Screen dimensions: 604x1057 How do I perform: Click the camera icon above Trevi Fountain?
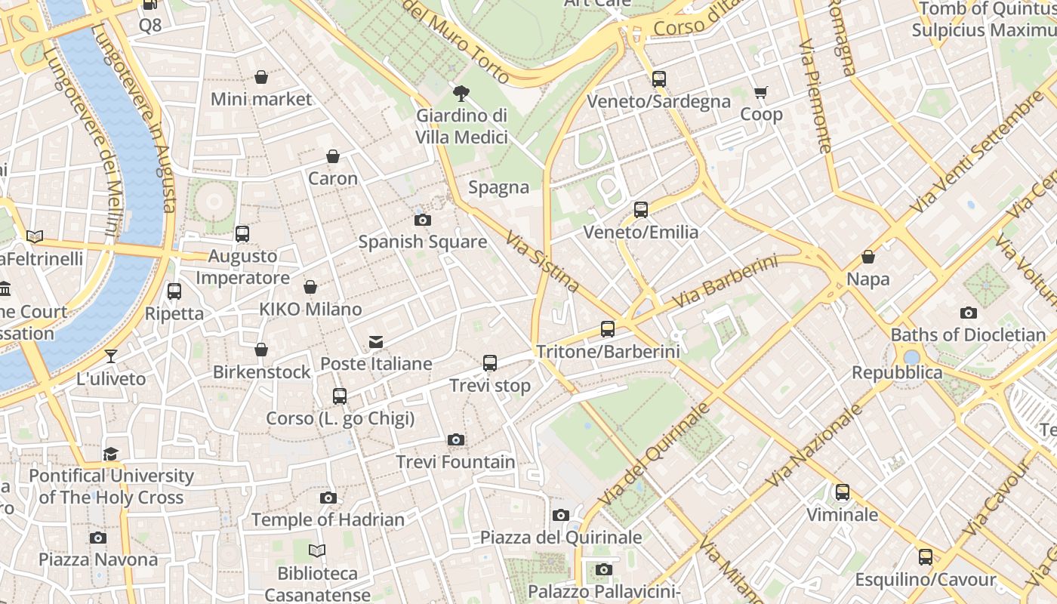455,439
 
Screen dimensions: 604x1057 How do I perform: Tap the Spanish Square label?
422,242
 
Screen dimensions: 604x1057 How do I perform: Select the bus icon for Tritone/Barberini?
608,329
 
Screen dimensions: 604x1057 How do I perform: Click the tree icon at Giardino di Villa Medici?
461,94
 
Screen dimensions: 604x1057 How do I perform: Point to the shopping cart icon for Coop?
760,92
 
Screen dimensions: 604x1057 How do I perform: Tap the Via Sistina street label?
542,261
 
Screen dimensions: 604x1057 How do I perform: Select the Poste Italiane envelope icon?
376,342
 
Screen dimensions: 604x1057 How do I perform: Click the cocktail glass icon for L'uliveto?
111,356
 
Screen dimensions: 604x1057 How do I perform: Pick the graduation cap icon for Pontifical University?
111,454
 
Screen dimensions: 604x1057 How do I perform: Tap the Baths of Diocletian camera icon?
968,313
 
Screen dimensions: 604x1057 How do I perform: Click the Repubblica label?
897,372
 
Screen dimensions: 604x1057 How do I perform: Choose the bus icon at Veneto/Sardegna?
659,79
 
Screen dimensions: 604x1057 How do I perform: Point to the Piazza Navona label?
98,559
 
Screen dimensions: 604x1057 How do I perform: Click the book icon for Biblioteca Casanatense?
317,551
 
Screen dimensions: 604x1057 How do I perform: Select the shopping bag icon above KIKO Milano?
310,287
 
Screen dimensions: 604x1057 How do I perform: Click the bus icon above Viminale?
843,492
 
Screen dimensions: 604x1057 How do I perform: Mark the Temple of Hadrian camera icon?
328,498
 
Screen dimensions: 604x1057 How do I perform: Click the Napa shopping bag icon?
868,257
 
